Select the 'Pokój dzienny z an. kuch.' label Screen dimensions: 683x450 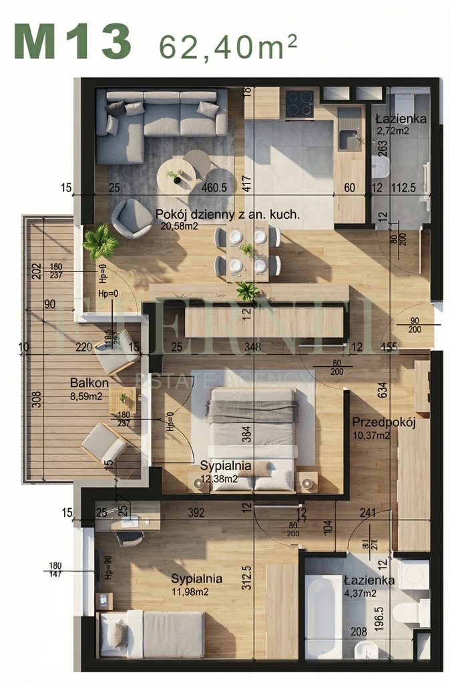point(227,215)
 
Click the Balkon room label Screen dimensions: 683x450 point(89,383)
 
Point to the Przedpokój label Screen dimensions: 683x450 point(384,422)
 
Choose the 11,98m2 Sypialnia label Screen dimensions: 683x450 point(196,578)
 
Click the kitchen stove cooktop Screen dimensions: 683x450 point(300,104)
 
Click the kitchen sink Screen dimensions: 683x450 point(348,140)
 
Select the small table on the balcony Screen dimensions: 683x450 point(122,400)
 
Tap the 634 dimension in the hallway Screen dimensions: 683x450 point(383,389)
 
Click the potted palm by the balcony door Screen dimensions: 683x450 point(100,241)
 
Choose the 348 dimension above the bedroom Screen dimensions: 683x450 point(252,346)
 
